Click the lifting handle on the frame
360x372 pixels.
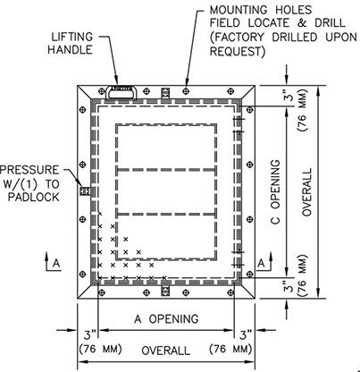pyautogui.click(x=121, y=92)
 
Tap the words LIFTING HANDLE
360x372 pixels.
pyautogui.click(x=71, y=43)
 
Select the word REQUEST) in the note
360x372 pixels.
pyautogui.click(x=238, y=52)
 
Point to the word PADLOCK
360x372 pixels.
pyautogui.click(x=34, y=197)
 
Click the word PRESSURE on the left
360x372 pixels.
pyautogui.click(x=29, y=170)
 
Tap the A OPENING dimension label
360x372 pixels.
pyautogui.click(x=166, y=319)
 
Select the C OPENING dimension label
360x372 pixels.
pyautogui.click(x=275, y=191)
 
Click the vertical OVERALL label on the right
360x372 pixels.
pyautogui.click(x=306, y=192)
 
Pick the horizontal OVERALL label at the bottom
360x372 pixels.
pyautogui.click(x=165, y=351)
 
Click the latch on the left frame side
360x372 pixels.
pyautogui.click(x=85, y=190)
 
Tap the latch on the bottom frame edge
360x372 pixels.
pyautogui.click(x=165, y=291)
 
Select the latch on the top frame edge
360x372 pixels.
pyautogui.click(x=165, y=93)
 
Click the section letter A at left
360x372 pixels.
pyautogui.click(x=56, y=264)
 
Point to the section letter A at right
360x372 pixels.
pyautogui.click(x=261, y=264)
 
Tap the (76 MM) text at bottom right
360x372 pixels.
pyautogui.click(x=230, y=349)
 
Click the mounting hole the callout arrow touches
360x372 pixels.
pyautogui.click(x=186, y=90)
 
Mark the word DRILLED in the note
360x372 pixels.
pyautogui.click(x=295, y=38)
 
